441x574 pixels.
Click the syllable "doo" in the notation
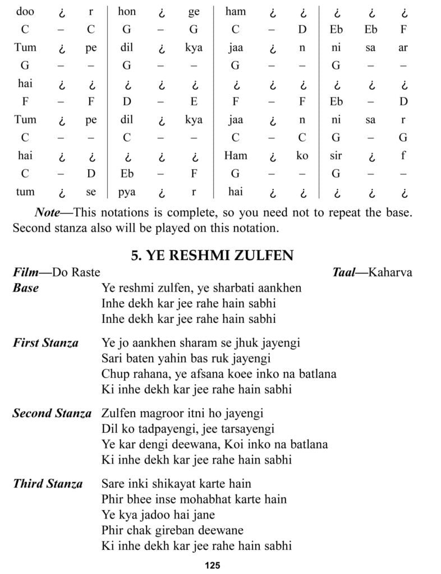pyautogui.click(x=24, y=11)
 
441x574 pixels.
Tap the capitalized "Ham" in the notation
pyautogui.click(x=235, y=155)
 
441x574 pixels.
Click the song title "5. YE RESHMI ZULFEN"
pyautogui.click(x=212, y=256)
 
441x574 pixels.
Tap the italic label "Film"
pyautogui.click(x=26, y=272)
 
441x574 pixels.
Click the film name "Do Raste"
pyautogui.click(x=76, y=272)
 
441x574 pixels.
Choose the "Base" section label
pyautogui.click(x=26, y=288)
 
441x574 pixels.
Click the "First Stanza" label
pyautogui.click(x=45, y=342)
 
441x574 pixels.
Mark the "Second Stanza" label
pyautogui.click(x=52, y=414)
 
